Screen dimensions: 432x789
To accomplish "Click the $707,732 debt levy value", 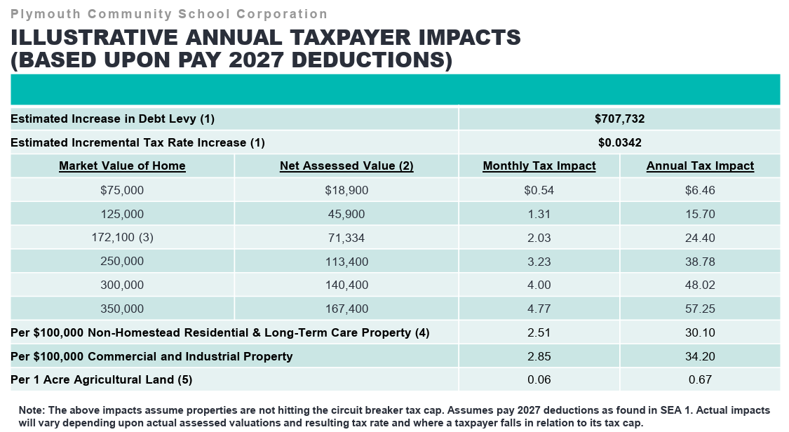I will point(619,119).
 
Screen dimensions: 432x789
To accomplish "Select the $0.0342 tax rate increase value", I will point(619,142).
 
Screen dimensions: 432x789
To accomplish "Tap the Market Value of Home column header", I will point(122,166).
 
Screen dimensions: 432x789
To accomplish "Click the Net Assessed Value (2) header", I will point(346,166).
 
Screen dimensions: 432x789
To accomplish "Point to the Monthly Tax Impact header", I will point(539,166).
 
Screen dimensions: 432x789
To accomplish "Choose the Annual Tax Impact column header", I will point(700,166).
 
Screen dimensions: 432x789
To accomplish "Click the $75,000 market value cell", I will point(122,190).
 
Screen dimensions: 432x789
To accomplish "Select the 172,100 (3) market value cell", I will point(122,238).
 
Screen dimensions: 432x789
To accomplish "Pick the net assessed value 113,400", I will point(346,262).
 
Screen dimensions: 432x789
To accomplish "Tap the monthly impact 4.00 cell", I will point(539,285).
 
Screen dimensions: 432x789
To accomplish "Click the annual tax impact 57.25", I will point(700,309).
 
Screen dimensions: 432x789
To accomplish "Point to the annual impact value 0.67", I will point(700,379).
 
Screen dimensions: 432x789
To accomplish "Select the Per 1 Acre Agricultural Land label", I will point(101,379).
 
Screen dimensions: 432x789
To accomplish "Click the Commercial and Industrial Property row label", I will point(151,356).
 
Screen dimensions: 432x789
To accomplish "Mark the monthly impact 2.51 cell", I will point(539,332).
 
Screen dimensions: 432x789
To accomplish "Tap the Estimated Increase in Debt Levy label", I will point(112,119).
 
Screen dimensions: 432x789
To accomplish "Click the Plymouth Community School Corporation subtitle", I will point(169,14).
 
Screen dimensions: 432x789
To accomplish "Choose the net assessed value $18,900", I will point(346,190).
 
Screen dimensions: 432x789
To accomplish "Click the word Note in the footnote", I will point(31,410).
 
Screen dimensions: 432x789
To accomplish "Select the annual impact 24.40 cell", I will point(700,238).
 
